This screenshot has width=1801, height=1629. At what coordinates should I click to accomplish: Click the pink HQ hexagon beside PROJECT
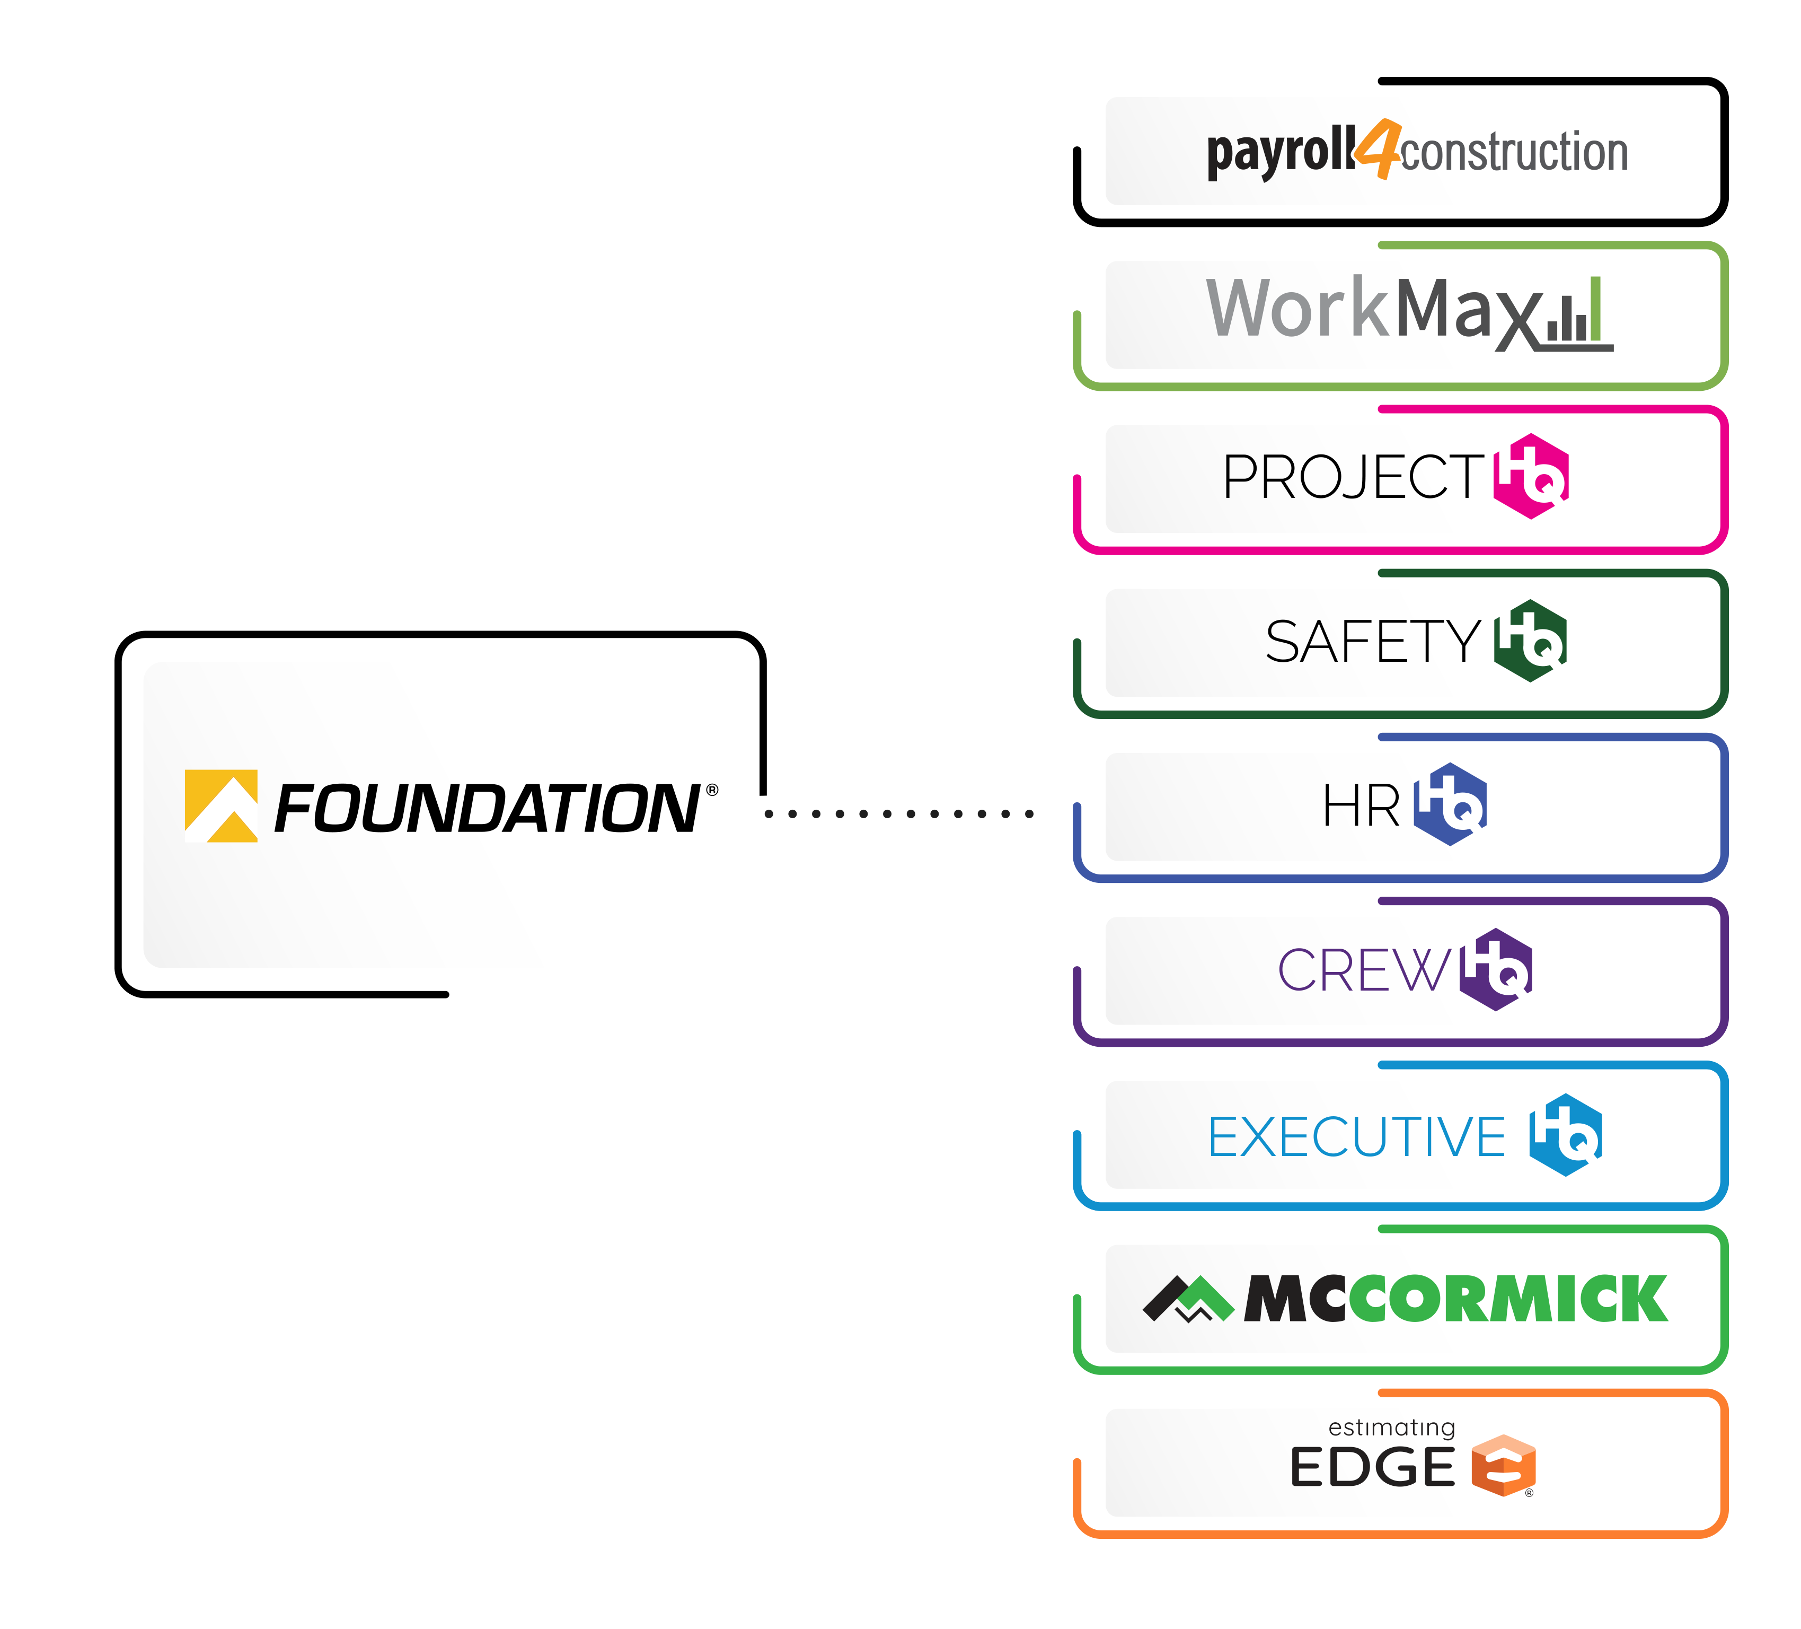[1530, 476]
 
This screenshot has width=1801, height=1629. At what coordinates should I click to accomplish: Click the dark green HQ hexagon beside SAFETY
[1530, 641]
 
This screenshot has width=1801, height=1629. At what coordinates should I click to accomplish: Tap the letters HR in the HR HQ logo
[1361, 806]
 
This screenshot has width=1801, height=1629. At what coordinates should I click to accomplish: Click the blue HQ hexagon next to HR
[1450, 804]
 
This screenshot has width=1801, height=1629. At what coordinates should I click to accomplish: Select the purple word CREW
[1364, 970]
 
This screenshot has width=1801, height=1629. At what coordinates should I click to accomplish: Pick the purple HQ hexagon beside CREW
[1496, 969]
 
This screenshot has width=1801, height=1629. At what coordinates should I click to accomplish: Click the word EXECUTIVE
[1356, 1136]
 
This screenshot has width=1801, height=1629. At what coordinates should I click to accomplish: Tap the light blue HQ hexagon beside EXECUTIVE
[1565, 1135]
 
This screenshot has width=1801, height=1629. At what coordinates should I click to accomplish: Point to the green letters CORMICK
[1508, 1299]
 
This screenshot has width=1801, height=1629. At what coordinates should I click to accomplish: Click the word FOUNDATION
[487, 809]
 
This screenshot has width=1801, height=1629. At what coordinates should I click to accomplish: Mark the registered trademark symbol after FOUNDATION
[712, 790]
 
